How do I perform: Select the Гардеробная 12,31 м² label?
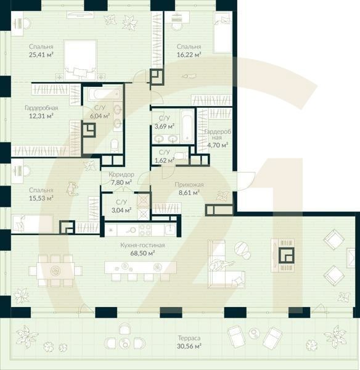(x=40, y=111)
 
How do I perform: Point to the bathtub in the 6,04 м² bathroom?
(x=102, y=96)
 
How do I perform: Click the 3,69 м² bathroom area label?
(x=165, y=122)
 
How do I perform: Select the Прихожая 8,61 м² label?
(x=189, y=188)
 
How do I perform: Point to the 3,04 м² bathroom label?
(x=121, y=206)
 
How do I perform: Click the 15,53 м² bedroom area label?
(x=40, y=194)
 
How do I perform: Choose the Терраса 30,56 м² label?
(x=189, y=342)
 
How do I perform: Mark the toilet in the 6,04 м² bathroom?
(x=114, y=145)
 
